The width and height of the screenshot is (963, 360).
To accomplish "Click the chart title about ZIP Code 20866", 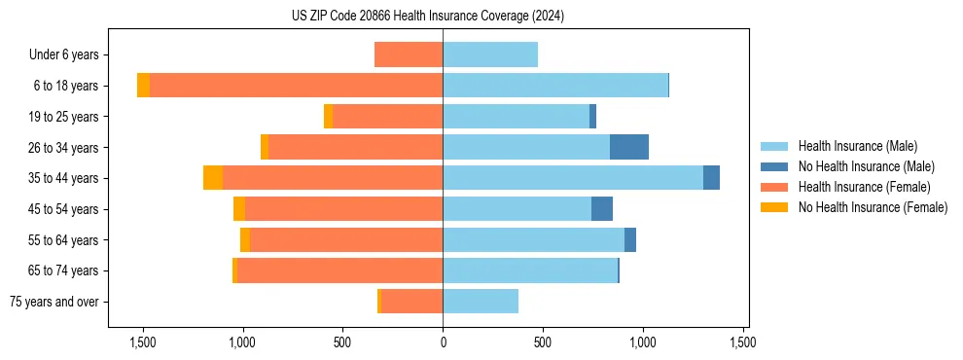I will pos(427,17).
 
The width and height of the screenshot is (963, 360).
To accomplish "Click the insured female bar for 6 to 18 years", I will pos(296,86).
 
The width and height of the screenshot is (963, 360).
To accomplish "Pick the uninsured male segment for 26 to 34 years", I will pos(629,147).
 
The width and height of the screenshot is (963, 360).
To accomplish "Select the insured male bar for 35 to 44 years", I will pos(573,178).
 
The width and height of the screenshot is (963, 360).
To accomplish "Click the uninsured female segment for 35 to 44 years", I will pos(213,178).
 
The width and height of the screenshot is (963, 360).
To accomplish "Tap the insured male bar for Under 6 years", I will pos(490,54).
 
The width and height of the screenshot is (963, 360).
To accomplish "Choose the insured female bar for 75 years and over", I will pos(411,302).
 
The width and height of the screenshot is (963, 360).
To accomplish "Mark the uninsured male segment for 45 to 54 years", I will pos(602,209).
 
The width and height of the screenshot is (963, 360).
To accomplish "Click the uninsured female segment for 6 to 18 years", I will pos(144,86).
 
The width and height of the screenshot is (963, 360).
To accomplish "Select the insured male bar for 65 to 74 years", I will pos(530,270).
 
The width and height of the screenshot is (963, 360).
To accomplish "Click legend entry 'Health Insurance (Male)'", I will pos(857,146).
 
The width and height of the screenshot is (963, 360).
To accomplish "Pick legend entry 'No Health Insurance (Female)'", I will pos(873,207).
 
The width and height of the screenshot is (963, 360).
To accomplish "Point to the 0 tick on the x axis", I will pos(443,342).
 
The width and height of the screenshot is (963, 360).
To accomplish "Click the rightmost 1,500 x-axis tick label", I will pos(743,342).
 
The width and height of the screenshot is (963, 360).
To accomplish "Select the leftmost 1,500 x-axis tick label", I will pos(143,342).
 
